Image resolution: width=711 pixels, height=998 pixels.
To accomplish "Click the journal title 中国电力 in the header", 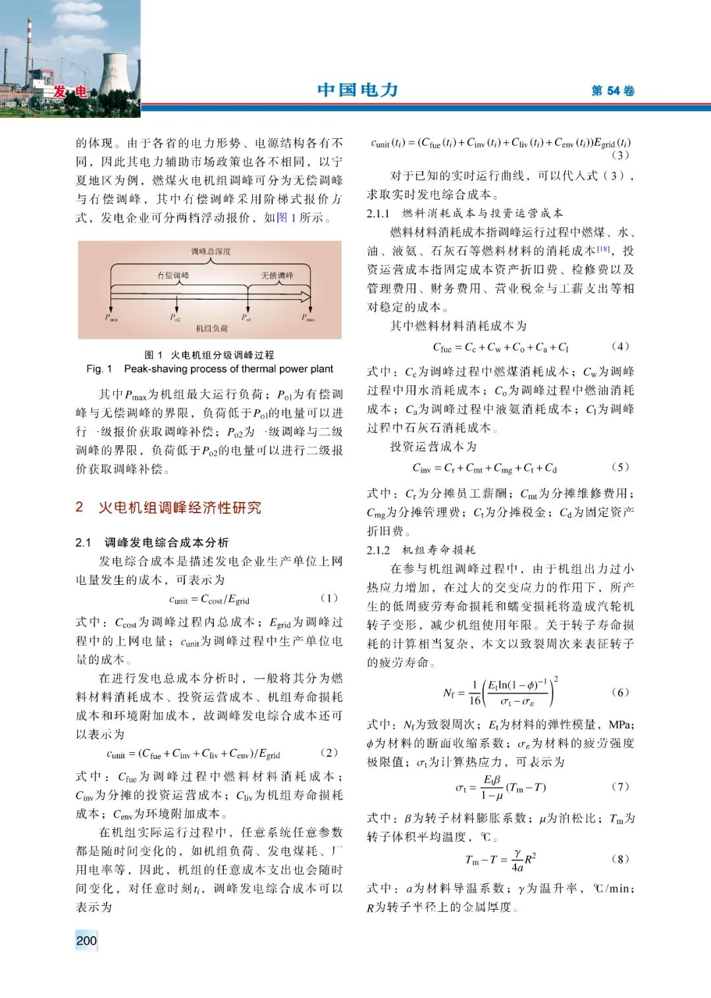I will tap(357, 90).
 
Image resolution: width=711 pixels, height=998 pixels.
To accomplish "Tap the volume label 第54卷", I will tap(612, 91).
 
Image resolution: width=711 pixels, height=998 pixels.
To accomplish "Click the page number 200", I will tap(86, 940).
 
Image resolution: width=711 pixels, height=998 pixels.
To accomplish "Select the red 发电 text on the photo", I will tap(70, 92).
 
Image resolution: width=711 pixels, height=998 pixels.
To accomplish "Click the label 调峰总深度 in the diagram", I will tap(211, 251).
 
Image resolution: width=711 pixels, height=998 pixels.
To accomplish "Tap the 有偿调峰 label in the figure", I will tap(173, 275).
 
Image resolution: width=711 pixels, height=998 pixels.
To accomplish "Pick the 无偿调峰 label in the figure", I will tap(277, 275).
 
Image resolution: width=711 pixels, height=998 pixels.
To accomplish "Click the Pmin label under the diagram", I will tap(111, 318).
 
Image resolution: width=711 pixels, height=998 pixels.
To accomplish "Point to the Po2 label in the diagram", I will tap(175, 318).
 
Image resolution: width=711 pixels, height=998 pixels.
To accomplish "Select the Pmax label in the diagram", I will tap(308, 318).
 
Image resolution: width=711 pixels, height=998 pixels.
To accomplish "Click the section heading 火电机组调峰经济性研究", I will tap(180, 507).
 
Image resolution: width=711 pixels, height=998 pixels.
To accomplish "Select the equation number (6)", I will tap(620, 692).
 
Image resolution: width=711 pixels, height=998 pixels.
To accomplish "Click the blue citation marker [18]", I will tap(604, 249).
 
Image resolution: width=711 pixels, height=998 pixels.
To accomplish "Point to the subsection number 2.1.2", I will tap(379, 550).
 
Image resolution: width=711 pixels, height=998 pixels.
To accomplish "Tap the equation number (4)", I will tap(620, 346).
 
